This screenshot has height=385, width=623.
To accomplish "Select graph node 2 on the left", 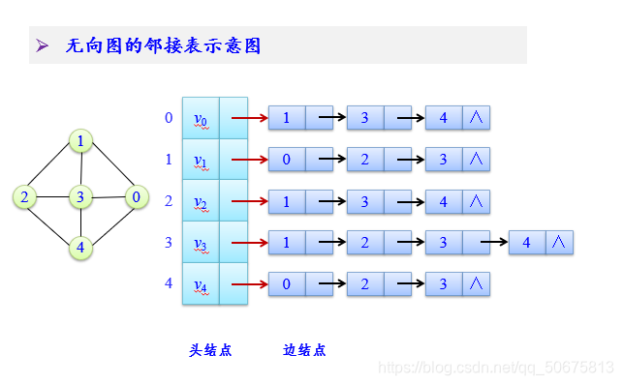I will point(24,197).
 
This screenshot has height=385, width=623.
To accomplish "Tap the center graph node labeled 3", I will point(80,197).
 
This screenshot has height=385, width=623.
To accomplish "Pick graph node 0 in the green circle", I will point(136,197).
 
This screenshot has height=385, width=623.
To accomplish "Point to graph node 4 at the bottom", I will point(80,248).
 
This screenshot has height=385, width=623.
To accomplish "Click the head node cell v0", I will point(201,119).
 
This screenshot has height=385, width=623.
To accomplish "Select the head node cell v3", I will point(201,243).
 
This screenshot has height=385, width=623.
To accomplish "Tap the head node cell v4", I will point(201,284).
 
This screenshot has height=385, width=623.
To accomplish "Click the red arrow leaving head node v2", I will point(249,202).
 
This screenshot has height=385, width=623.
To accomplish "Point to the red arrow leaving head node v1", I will point(249,161).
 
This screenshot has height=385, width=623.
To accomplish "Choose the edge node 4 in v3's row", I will point(527,243).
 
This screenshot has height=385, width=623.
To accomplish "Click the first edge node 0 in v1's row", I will point(287,160).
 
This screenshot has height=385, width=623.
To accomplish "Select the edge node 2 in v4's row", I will point(365,284).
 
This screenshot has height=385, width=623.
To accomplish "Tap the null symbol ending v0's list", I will point(476,119).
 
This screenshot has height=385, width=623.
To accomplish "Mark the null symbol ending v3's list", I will point(559,243).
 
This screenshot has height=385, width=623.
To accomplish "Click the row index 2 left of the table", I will point(169,201).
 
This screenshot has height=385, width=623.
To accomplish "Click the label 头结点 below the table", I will point(210,350).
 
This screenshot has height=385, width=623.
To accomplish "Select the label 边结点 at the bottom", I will point(304,350).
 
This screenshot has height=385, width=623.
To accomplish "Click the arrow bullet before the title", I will point(43,45).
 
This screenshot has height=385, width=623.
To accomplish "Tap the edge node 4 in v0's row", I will point(444,119).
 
